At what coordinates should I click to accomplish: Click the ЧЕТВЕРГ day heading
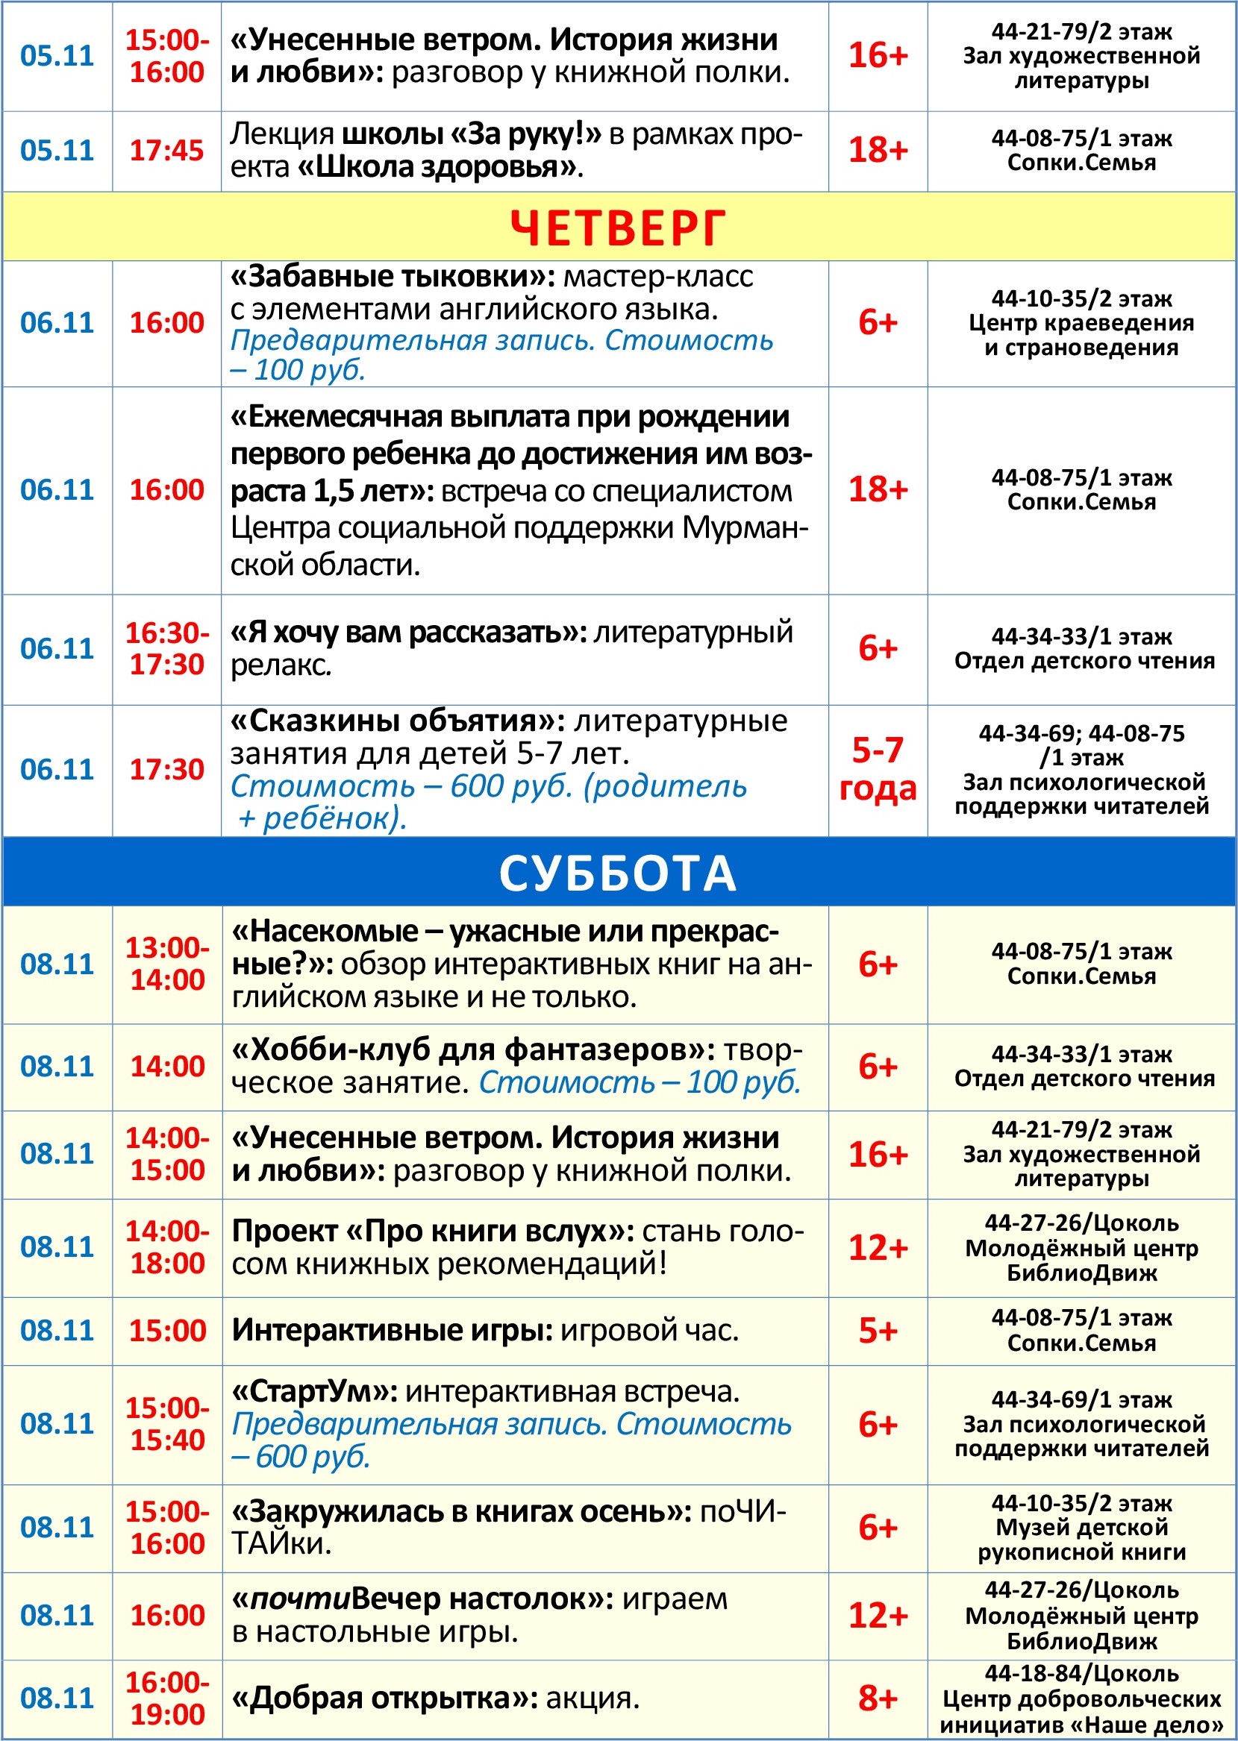pyautogui.click(x=617, y=227)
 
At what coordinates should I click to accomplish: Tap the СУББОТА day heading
pyautogui.click(x=617, y=873)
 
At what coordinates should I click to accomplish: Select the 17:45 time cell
pyautogui.click(x=167, y=151)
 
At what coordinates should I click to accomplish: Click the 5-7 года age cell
pyautogui.click(x=878, y=770)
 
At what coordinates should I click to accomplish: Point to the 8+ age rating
pyautogui.click(x=878, y=1698)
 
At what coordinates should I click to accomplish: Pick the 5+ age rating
pyautogui.click(x=878, y=1330)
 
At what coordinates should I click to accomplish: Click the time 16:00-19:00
pyautogui.click(x=167, y=1698)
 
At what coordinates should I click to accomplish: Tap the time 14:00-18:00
pyautogui.click(x=167, y=1247)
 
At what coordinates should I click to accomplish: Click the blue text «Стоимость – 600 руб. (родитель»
pyautogui.click(x=489, y=786)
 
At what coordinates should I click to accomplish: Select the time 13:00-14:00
pyautogui.click(x=167, y=964)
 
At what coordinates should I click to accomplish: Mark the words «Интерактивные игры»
pyautogui.click(x=392, y=1330)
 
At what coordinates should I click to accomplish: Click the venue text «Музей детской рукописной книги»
pyautogui.click(x=1081, y=1539)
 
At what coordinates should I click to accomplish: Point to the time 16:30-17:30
pyautogui.click(x=167, y=648)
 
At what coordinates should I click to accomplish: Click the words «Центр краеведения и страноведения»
pyautogui.click(x=1081, y=335)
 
